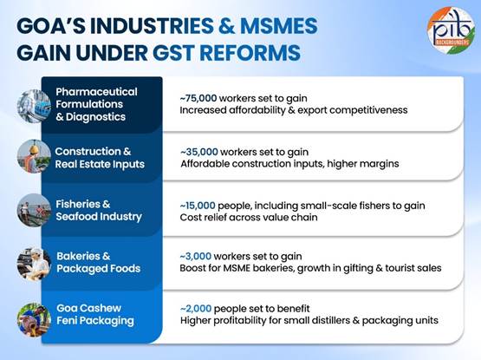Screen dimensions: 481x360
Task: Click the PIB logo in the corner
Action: [x=451, y=30]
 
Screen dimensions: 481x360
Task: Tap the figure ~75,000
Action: [x=198, y=98]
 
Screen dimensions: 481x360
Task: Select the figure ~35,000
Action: [x=199, y=152]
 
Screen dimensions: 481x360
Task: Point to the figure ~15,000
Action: [x=198, y=206]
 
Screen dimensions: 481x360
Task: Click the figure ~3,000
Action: [x=195, y=256]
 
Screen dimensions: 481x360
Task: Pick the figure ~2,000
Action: [x=196, y=309]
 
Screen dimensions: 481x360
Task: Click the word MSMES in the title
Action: [x=278, y=26]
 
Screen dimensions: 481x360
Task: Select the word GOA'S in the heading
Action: [x=51, y=26]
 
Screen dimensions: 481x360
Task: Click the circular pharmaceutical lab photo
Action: [x=34, y=106]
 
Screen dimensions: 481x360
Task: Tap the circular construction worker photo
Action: [x=34, y=156]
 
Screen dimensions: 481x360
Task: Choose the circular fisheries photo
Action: [x=34, y=210]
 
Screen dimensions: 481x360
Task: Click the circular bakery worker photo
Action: [x=34, y=264]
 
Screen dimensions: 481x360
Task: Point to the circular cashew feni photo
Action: [x=34, y=319]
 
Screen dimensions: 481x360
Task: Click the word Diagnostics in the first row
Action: [x=95, y=117]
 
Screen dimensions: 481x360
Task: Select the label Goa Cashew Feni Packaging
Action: [x=95, y=315]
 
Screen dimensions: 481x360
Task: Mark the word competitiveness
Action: [x=368, y=110]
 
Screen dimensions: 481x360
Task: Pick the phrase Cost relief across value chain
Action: [x=249, y=218]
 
